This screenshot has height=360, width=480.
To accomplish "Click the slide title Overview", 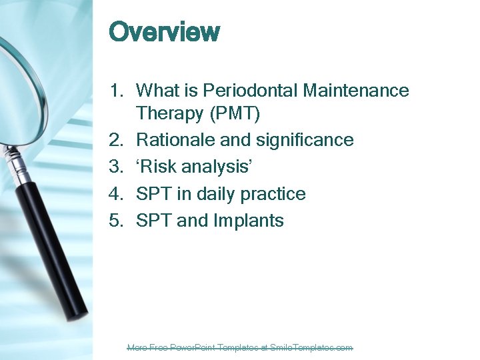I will click(164, 32).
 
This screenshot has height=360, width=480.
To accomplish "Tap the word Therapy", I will click(170, 114).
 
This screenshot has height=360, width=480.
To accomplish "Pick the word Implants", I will click(248, 221).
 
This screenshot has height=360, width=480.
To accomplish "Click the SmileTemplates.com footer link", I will click(240, 347).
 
